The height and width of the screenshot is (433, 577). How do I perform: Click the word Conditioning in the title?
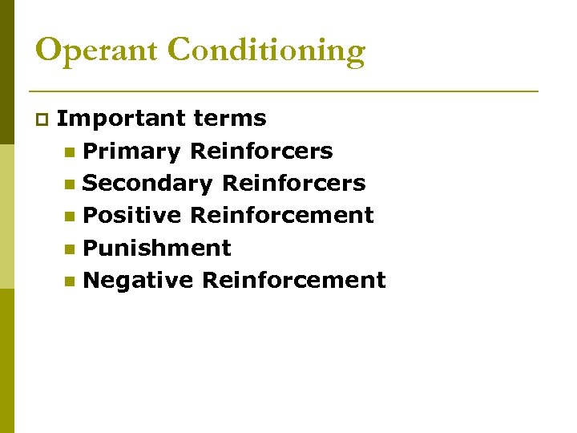pyautogui.click(x=267, y=51)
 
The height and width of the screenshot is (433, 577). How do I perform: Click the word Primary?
pyautogui.click(x=131, y=152)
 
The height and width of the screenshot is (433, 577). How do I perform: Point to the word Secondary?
pyautogui.click(x=147, y=184)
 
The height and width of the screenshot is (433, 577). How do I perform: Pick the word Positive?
pyautogui.click(x=132, y=216)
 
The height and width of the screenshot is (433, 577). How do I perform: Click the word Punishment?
pyautogui.click(x=157, y=249)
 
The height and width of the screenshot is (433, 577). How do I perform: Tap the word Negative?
pyautogui.click(x=139, y=281)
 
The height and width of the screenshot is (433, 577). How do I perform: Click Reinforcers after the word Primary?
pyautogui.click(x=261, y=152)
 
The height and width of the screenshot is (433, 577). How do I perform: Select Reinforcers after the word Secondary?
pyautogui.click(x=293, y=184)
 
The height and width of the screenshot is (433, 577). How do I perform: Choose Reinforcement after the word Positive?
pyautogui.click(x=282, y=216)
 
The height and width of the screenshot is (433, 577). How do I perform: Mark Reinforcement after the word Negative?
pyautogui.click(x=294, y=281)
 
